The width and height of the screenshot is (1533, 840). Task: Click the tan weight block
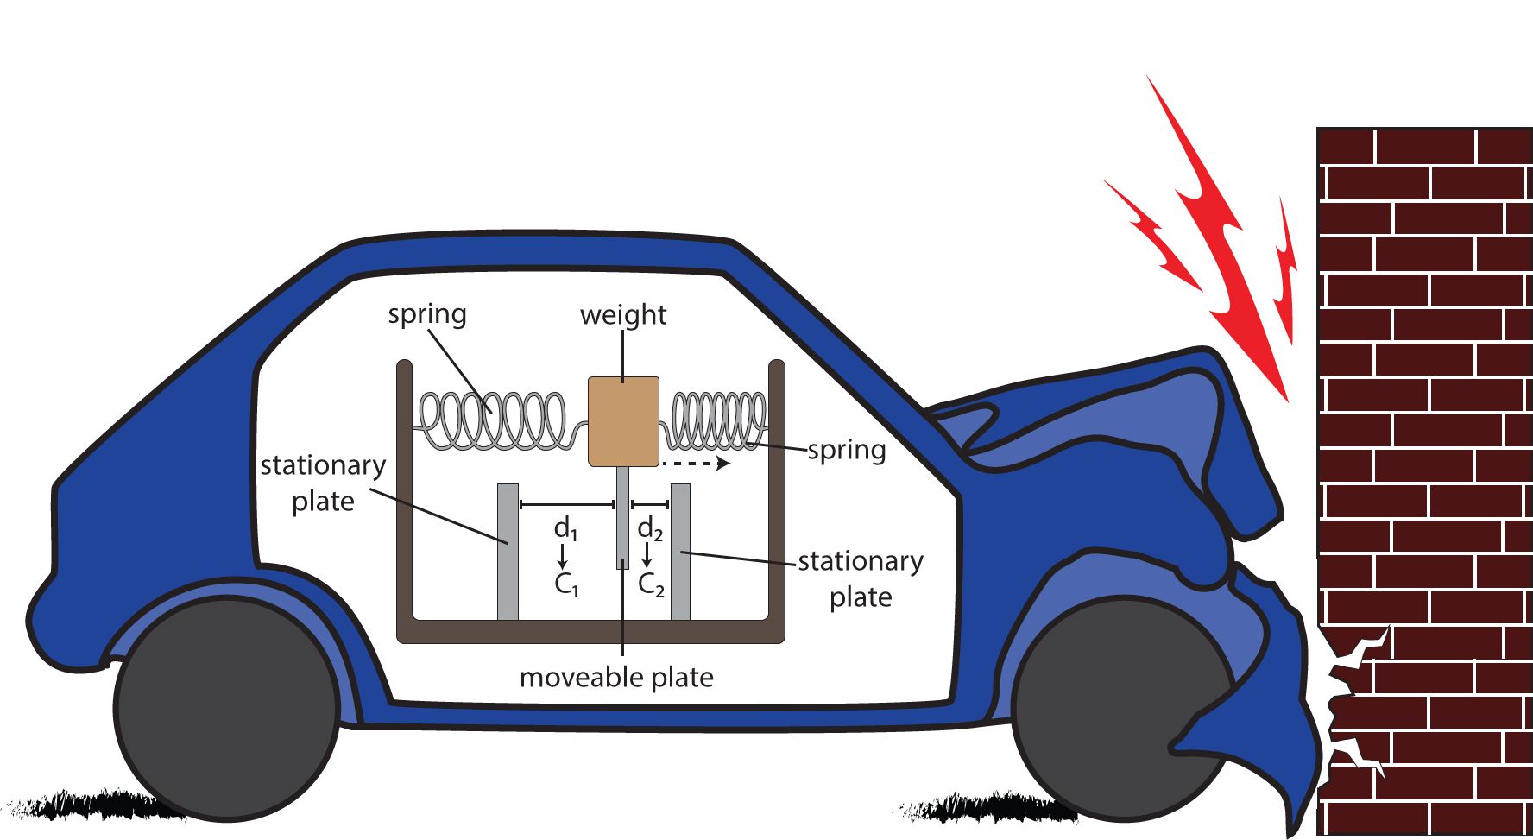tap(623, 421)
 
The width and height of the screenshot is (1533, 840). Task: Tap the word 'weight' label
tap(623, 315)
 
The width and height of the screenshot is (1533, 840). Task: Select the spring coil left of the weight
tap(493, 421)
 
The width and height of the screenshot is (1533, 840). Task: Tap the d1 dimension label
tap(565, 527)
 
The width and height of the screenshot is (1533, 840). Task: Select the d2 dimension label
tap(650, 527)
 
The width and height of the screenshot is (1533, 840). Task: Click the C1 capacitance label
tap(566, 584)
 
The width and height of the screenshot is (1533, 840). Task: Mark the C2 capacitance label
tap(651, 584)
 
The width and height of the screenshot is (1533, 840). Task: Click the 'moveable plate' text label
tap(616, 678)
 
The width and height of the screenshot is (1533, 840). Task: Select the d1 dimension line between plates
tap(566, 504)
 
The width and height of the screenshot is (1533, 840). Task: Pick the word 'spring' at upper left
tap(427, 314)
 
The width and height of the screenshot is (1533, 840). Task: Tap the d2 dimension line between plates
tap(650, 504)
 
